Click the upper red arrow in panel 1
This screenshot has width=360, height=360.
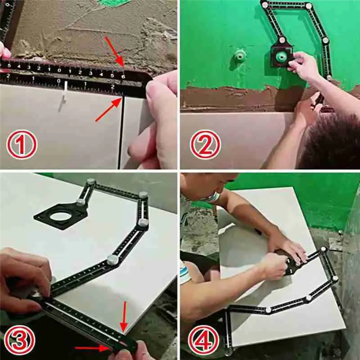coord(115,50)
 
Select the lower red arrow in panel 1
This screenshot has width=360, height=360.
coord(108,110)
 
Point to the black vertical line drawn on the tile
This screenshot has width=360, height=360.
coord(120,135)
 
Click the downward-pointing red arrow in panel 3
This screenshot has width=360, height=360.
coord(125,315)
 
